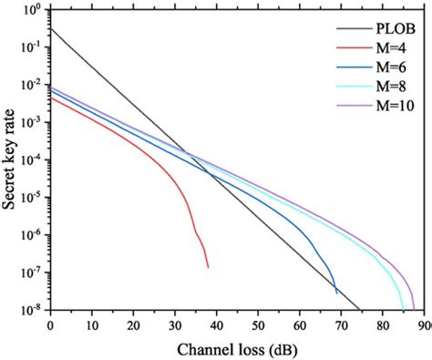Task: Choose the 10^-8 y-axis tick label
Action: point(30,310)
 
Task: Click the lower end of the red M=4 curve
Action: point(208,267)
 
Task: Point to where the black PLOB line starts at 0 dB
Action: point(51,29)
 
